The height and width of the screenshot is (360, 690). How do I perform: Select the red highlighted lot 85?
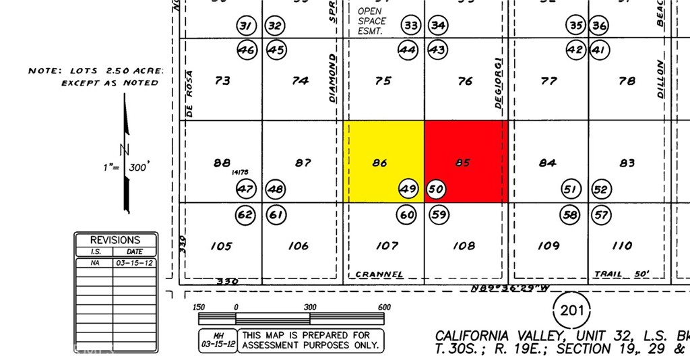click(464, 162)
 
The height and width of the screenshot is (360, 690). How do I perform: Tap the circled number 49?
click(408, 189)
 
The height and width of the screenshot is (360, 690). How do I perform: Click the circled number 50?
click(436, 189)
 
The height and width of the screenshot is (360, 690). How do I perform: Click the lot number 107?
click(387, 245)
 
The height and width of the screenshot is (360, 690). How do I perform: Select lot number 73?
click(222, 81)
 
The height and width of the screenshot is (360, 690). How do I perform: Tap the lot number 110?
click(623, 245)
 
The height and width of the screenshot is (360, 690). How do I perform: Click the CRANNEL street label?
click(379, 274)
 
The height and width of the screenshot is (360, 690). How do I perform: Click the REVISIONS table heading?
click(116, 240)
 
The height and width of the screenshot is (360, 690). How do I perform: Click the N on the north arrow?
click(124, 150)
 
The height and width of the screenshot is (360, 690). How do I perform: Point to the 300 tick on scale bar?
click(310, 307)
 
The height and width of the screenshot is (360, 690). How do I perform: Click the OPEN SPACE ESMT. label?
click(372, 21)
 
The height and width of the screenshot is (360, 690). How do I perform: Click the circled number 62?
click(245, 216)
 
